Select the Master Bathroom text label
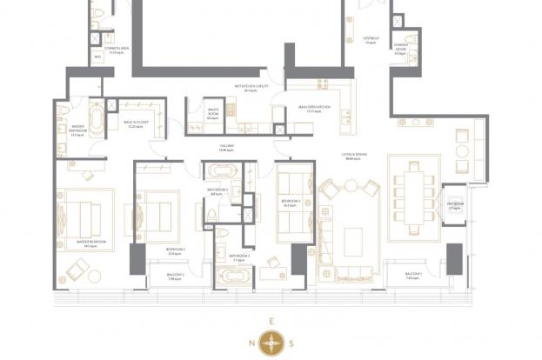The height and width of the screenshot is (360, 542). coord(77,131)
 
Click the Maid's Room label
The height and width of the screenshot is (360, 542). coord(212,114)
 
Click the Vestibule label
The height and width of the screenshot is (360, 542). coord(371,40)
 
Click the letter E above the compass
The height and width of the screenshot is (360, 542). coord(272,321)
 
